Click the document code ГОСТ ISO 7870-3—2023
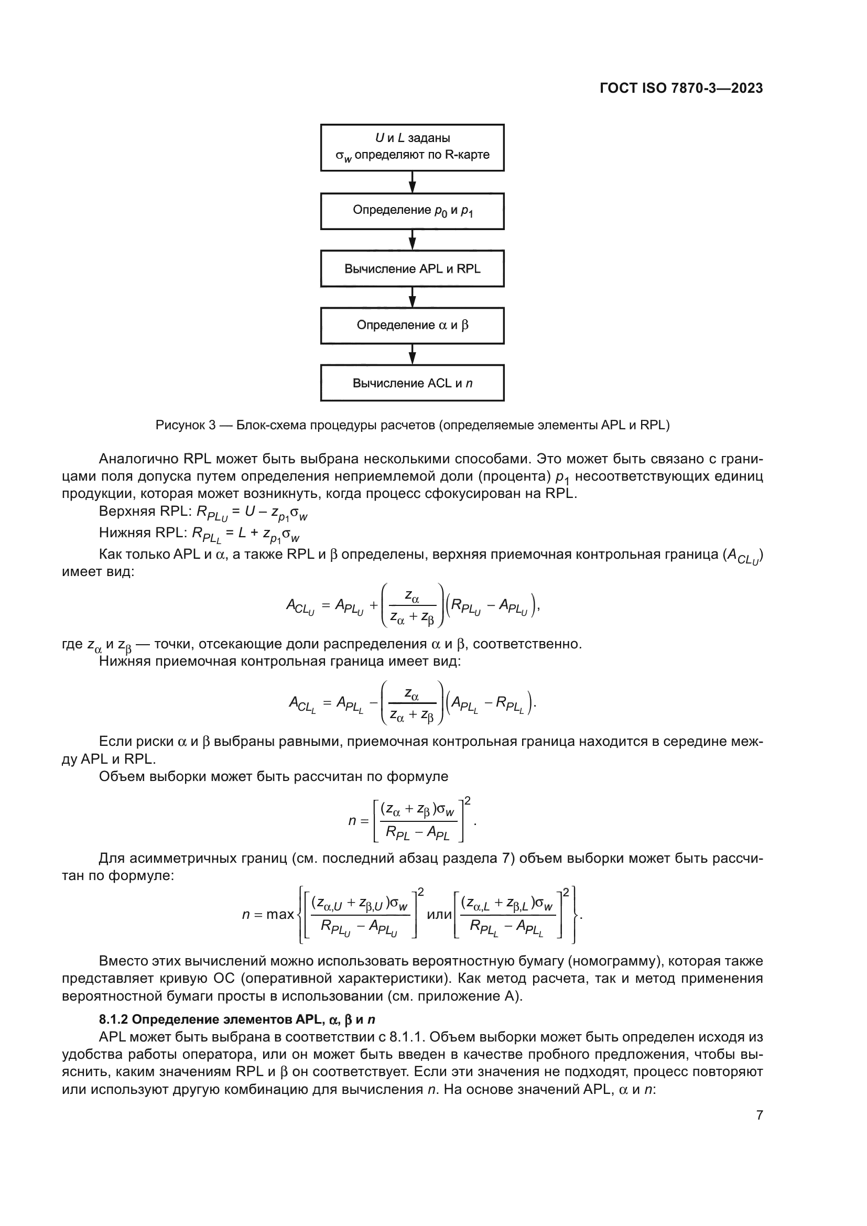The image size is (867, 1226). (x=681, y=89)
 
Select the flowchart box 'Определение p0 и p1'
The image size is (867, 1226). (x=412, y=211)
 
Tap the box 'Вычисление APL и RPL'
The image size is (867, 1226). (x=412, y=268)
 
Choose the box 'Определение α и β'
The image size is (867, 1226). (x=412, y=325)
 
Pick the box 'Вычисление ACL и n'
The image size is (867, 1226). (x=412, y=383)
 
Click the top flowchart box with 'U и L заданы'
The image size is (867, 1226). (x=412, y=147)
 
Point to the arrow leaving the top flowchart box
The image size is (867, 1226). (x=412, y=182)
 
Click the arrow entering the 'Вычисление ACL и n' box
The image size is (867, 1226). (x=412, y=354)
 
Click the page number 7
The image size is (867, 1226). (x=759, y=1115)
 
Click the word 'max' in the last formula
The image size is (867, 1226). (x=280, y=915)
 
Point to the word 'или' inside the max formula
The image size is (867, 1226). (x=439, y=915)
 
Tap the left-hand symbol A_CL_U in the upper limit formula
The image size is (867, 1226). (x=300, y=606)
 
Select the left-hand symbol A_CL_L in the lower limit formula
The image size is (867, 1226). (x=302, y=703)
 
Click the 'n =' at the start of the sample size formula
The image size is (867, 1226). (x=358, y=820)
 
